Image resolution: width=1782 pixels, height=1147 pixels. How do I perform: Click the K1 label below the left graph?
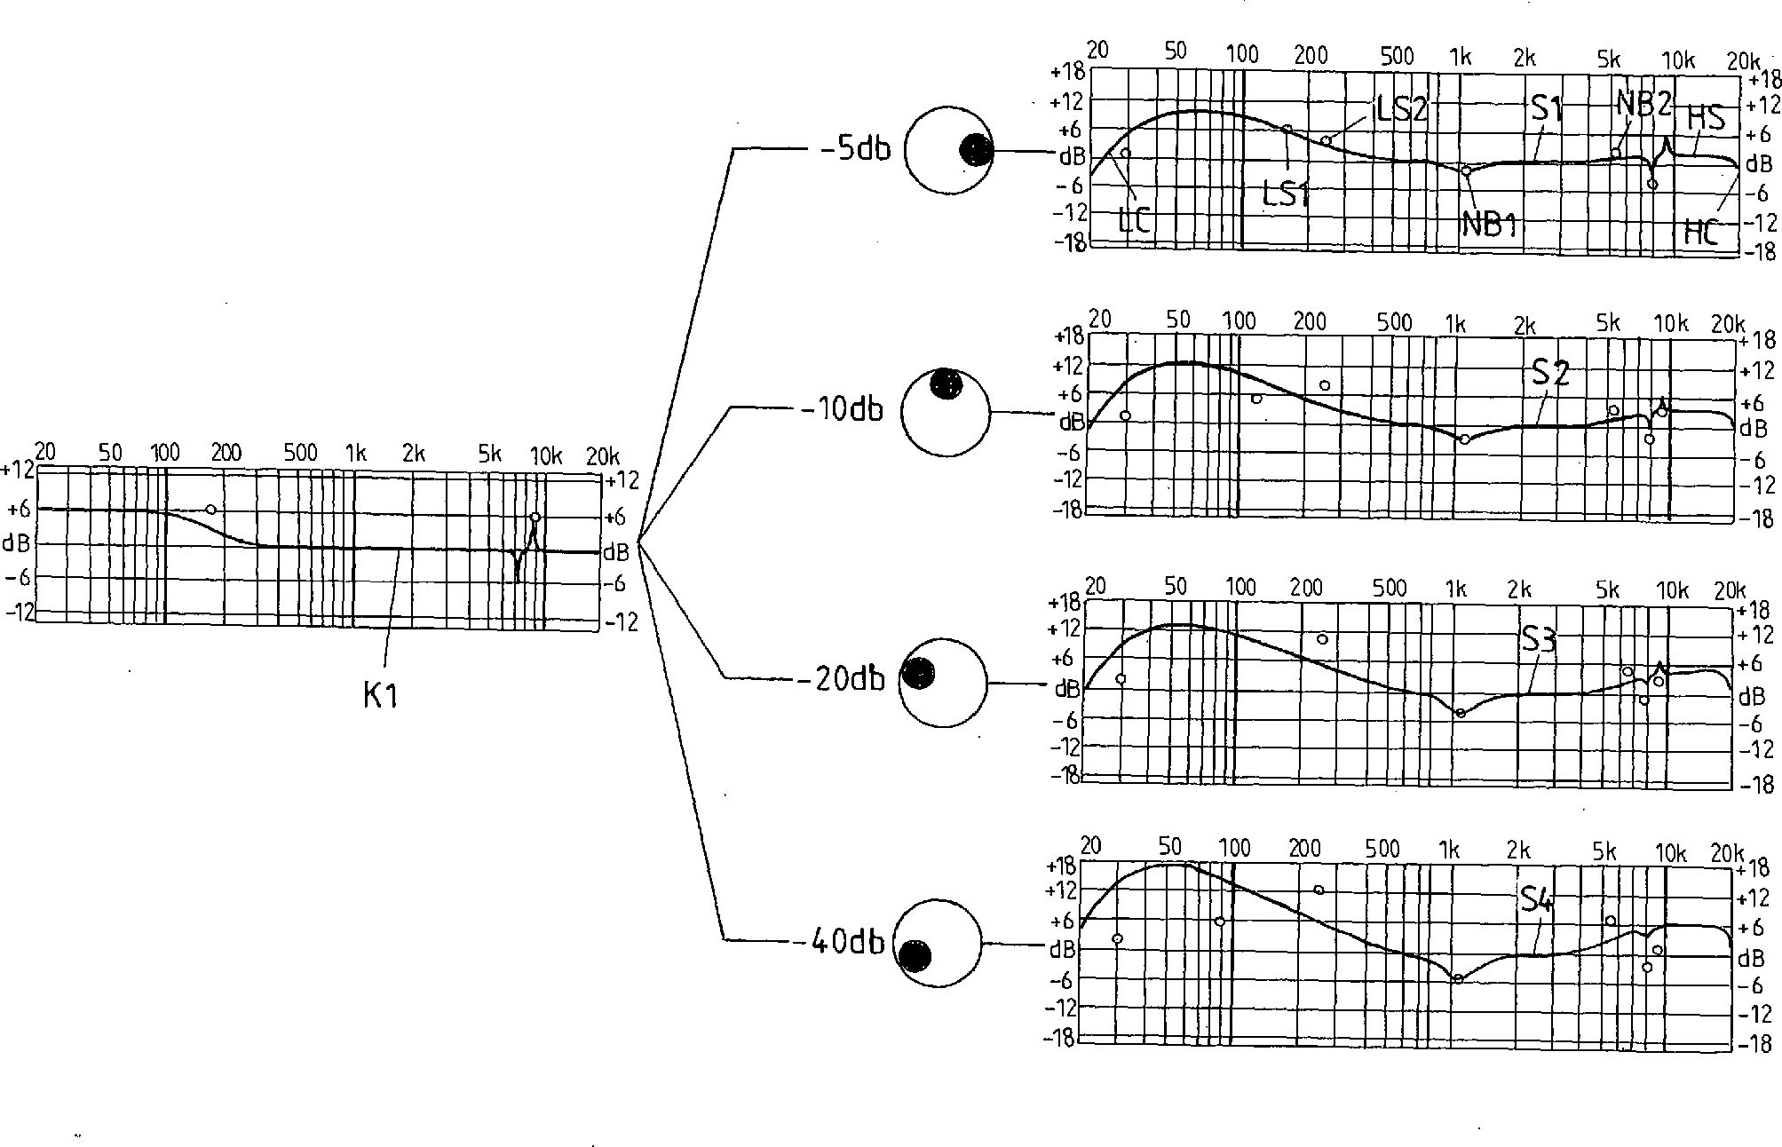(380, 695)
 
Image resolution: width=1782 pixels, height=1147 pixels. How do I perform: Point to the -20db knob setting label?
(842, 679)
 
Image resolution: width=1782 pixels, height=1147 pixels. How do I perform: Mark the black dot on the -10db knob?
(947, 384)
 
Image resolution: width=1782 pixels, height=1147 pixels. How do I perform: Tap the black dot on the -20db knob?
(918, 675)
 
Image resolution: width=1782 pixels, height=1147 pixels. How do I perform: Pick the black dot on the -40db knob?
(915, 956)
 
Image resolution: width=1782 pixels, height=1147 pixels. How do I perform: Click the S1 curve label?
(1547, 108)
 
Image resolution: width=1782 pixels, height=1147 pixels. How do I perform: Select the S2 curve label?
(1550, 373)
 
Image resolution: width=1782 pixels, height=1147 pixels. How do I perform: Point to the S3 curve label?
(1539, 639)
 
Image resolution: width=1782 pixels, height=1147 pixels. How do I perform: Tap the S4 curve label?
(1536, 900)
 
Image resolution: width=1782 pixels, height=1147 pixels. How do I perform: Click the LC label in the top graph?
(1134, 220)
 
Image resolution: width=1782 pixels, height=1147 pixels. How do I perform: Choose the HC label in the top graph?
(1701, 233)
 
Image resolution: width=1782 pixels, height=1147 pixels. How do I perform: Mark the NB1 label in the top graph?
(1488, 225)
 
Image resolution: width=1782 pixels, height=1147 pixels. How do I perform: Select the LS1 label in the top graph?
(1285, 194)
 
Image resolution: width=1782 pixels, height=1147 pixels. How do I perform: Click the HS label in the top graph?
(1706, 118)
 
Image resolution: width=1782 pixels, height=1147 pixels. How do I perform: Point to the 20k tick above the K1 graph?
(603, 456)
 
